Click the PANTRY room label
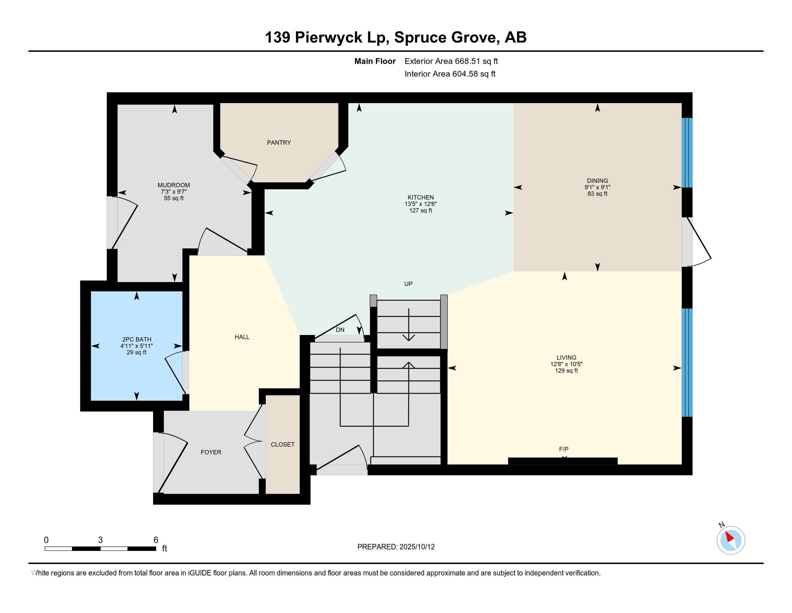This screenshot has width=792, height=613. tap(279, 143)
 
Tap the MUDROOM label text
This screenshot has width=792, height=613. tap(174, 185)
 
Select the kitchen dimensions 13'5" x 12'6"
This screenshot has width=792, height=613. tap(420, 204)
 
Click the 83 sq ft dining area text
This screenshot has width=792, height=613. tap(597, 194)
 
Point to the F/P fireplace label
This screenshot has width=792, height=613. tap(563, 449)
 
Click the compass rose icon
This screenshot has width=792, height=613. tap(731, 540)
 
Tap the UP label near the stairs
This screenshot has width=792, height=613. tap(408, 284)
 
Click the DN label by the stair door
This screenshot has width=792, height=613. tap(340, 330)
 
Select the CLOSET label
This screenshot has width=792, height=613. tap(283, 445)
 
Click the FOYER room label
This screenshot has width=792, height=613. tap(211, 452)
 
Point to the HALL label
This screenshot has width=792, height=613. tap(242, 337)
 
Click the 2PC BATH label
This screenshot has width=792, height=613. tap(137, 340)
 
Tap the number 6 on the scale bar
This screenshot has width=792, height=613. tap(156, 540)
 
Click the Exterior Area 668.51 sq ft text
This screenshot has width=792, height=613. tap(451, 61)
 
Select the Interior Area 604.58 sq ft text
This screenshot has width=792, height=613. tap(450, 74)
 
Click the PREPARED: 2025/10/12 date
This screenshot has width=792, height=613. tap(396, 547)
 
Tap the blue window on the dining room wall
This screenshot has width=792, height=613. tap(687, 153)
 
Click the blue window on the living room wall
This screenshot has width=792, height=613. tap(687, 362)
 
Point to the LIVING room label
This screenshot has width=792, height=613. tap(566, 358)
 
